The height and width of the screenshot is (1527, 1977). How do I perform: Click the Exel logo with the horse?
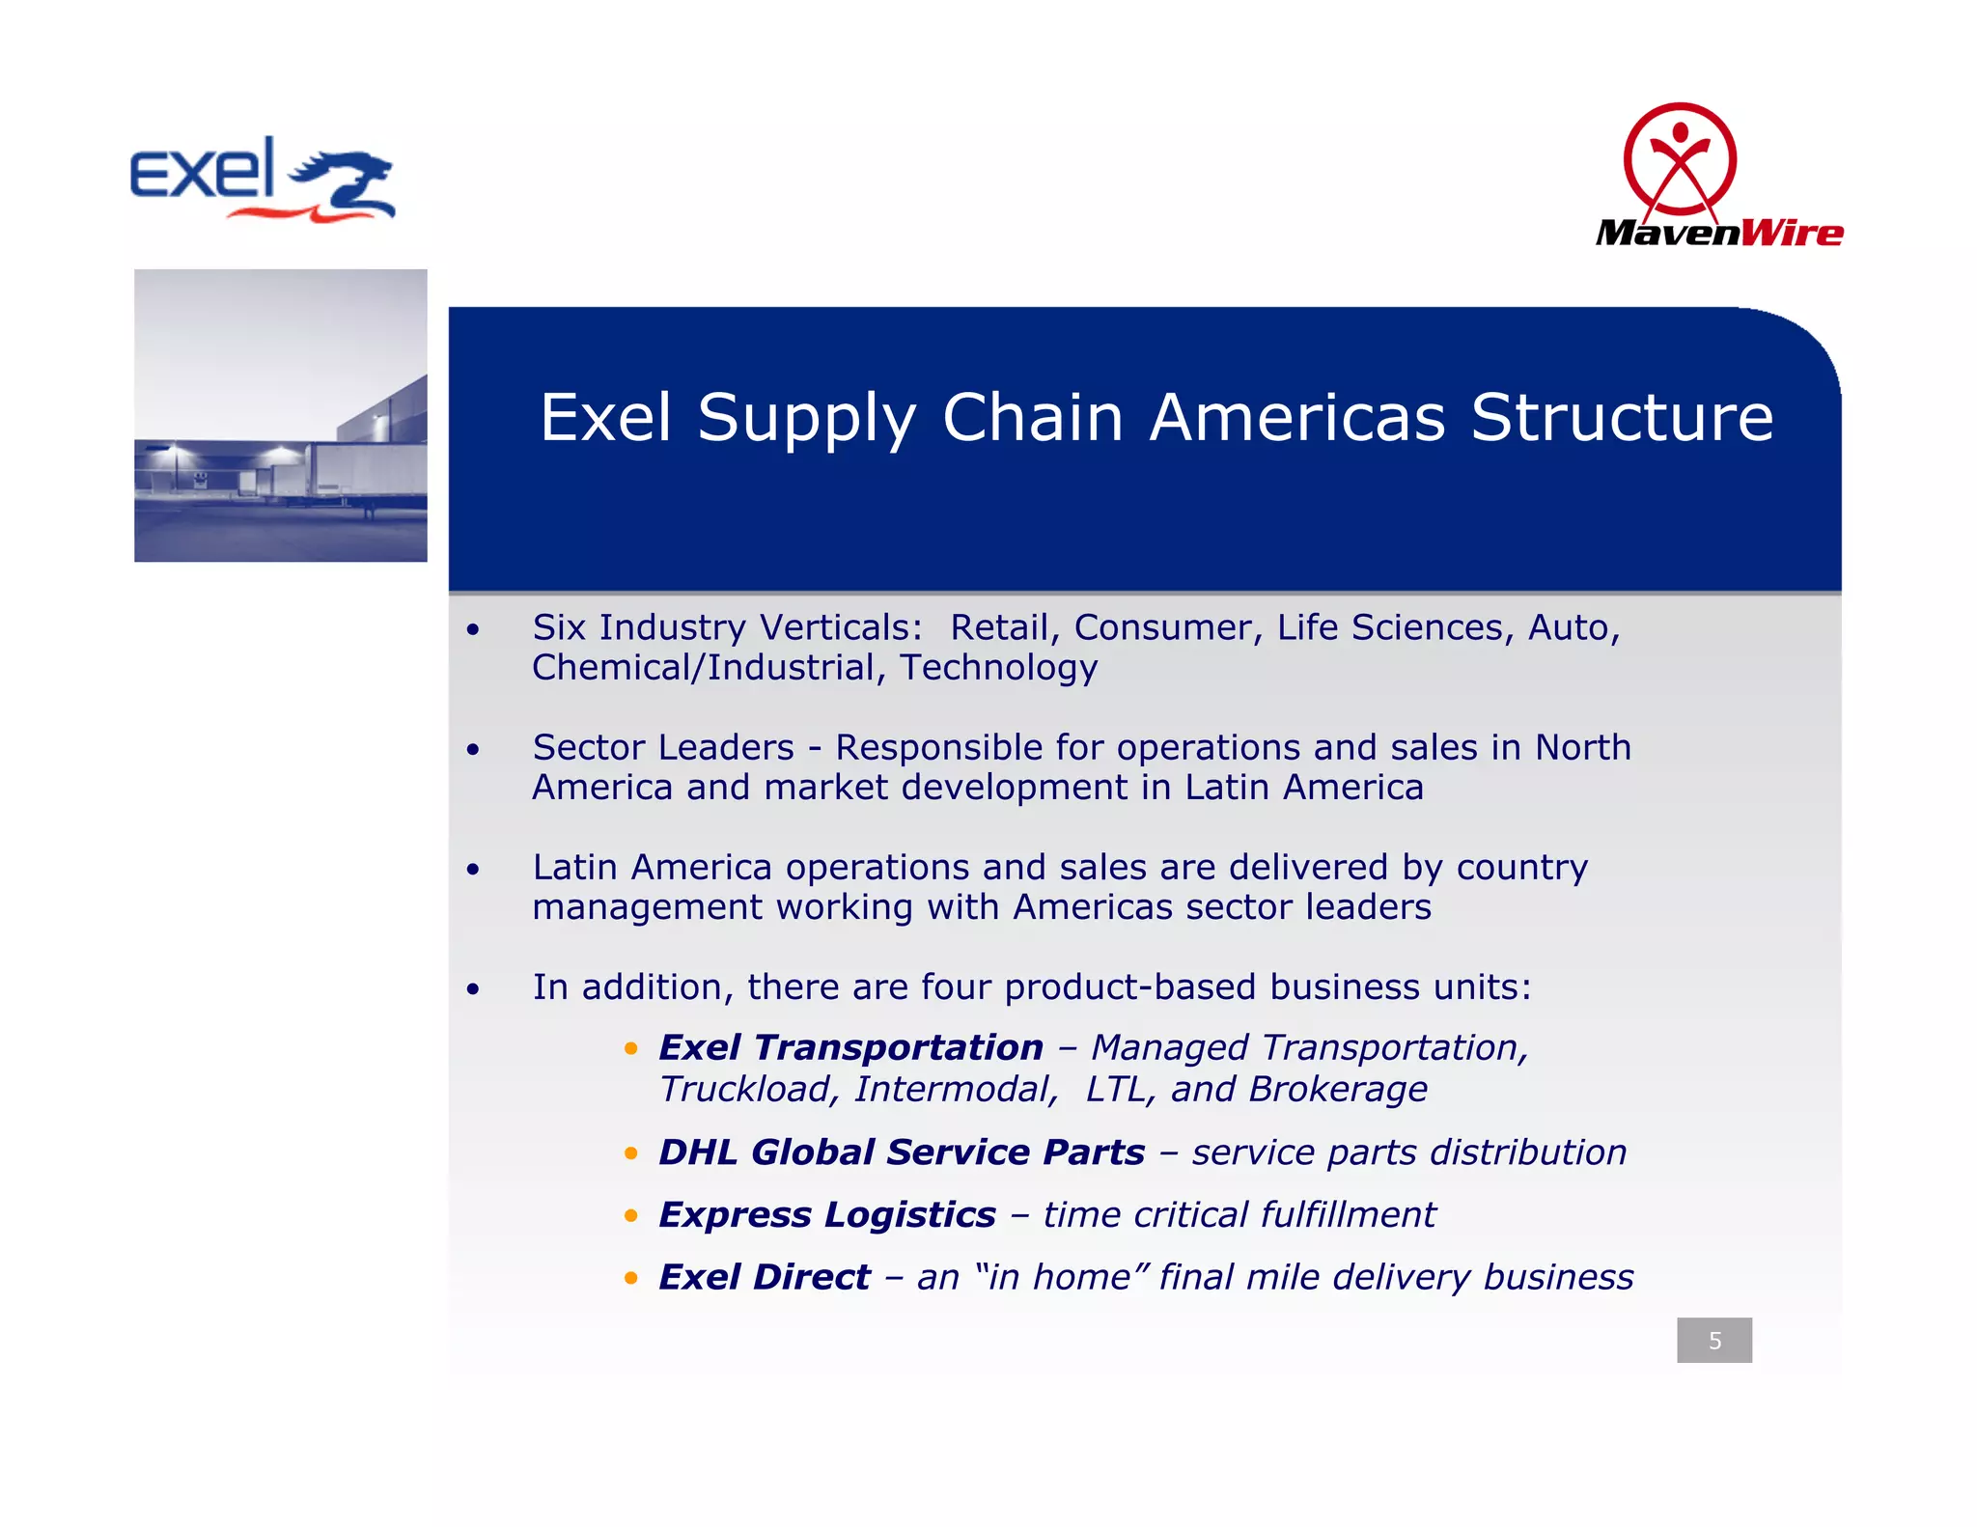[x=263, y=180]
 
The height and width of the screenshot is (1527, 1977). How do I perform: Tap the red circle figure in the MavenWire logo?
[x=1680, y=160]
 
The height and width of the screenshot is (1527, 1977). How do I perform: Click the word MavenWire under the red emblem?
[x=1719, y=233]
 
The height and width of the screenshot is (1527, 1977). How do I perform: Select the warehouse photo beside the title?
[x=281, y=415]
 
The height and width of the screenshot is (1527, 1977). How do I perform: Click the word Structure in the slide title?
[x=1622, y=418]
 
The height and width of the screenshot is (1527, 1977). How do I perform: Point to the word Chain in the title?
[x=1032, y=418]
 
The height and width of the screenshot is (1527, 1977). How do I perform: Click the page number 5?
[x=1714, y=1340]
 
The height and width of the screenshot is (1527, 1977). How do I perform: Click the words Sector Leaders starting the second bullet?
[x=663, y=748]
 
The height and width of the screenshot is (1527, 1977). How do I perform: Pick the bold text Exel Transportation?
[x=850, y=1048]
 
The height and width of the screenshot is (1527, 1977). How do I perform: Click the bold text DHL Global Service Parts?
[x=902, y=1152]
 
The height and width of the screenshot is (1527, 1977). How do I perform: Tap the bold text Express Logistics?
[x=826, y=1215]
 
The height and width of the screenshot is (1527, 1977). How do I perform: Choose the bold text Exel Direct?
[x=764, y=1278]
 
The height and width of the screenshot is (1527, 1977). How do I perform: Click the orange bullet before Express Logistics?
[x=631, y=1216]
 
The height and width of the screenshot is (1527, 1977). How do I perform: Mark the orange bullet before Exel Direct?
[x=631, y=1279]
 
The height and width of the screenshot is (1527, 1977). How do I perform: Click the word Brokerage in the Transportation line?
[x=1337, y=1090]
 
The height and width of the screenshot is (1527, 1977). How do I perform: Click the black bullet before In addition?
[x=472, y=989]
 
